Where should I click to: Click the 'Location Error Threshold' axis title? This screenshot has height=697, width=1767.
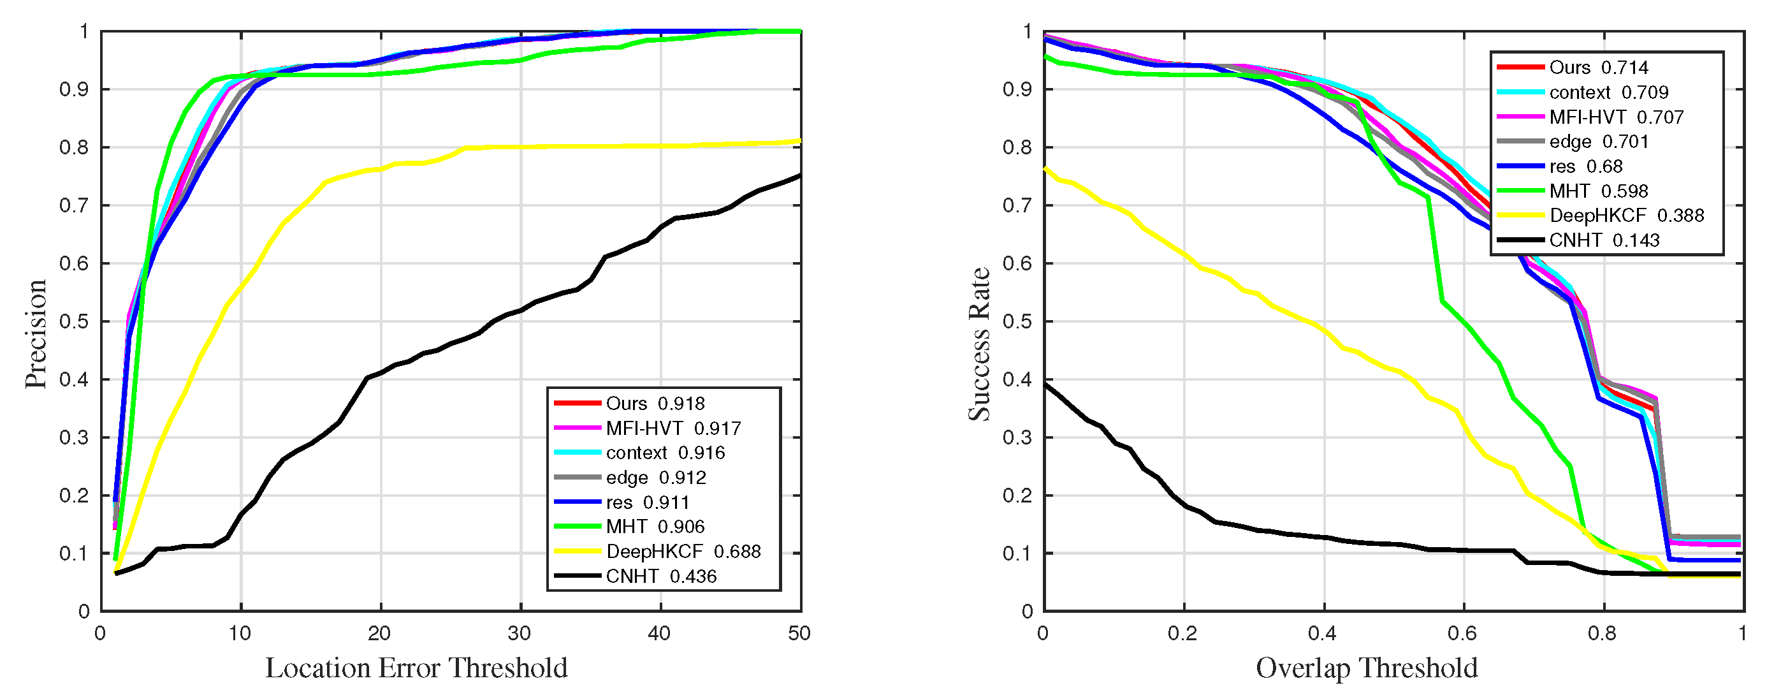(x=416, y=668)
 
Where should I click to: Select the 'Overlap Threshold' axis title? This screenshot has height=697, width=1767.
(x=1367, y=668)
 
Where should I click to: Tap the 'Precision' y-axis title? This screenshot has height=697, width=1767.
(x=36, y=334)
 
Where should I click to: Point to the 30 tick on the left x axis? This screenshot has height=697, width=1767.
(x=520, y=633)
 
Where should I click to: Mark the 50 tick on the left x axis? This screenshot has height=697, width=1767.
(x=799, y=633)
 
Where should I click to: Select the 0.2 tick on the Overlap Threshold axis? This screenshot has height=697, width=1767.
(x=1182, y=633)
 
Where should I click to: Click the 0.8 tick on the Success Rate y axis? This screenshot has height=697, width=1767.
(x=1017, y=147)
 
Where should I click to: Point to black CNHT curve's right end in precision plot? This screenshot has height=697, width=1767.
(x=800, y=175)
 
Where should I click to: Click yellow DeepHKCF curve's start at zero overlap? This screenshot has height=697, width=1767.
(x=1045, y=168)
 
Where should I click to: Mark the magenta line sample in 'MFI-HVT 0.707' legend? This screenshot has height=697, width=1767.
(x=1520, y=117)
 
